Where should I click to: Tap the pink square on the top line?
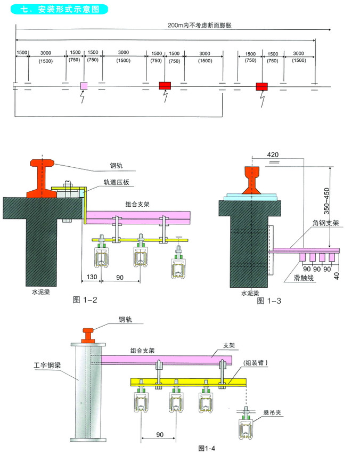(84, 86)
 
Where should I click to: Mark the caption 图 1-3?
(269, 301)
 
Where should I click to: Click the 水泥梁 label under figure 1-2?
(41, 291)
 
